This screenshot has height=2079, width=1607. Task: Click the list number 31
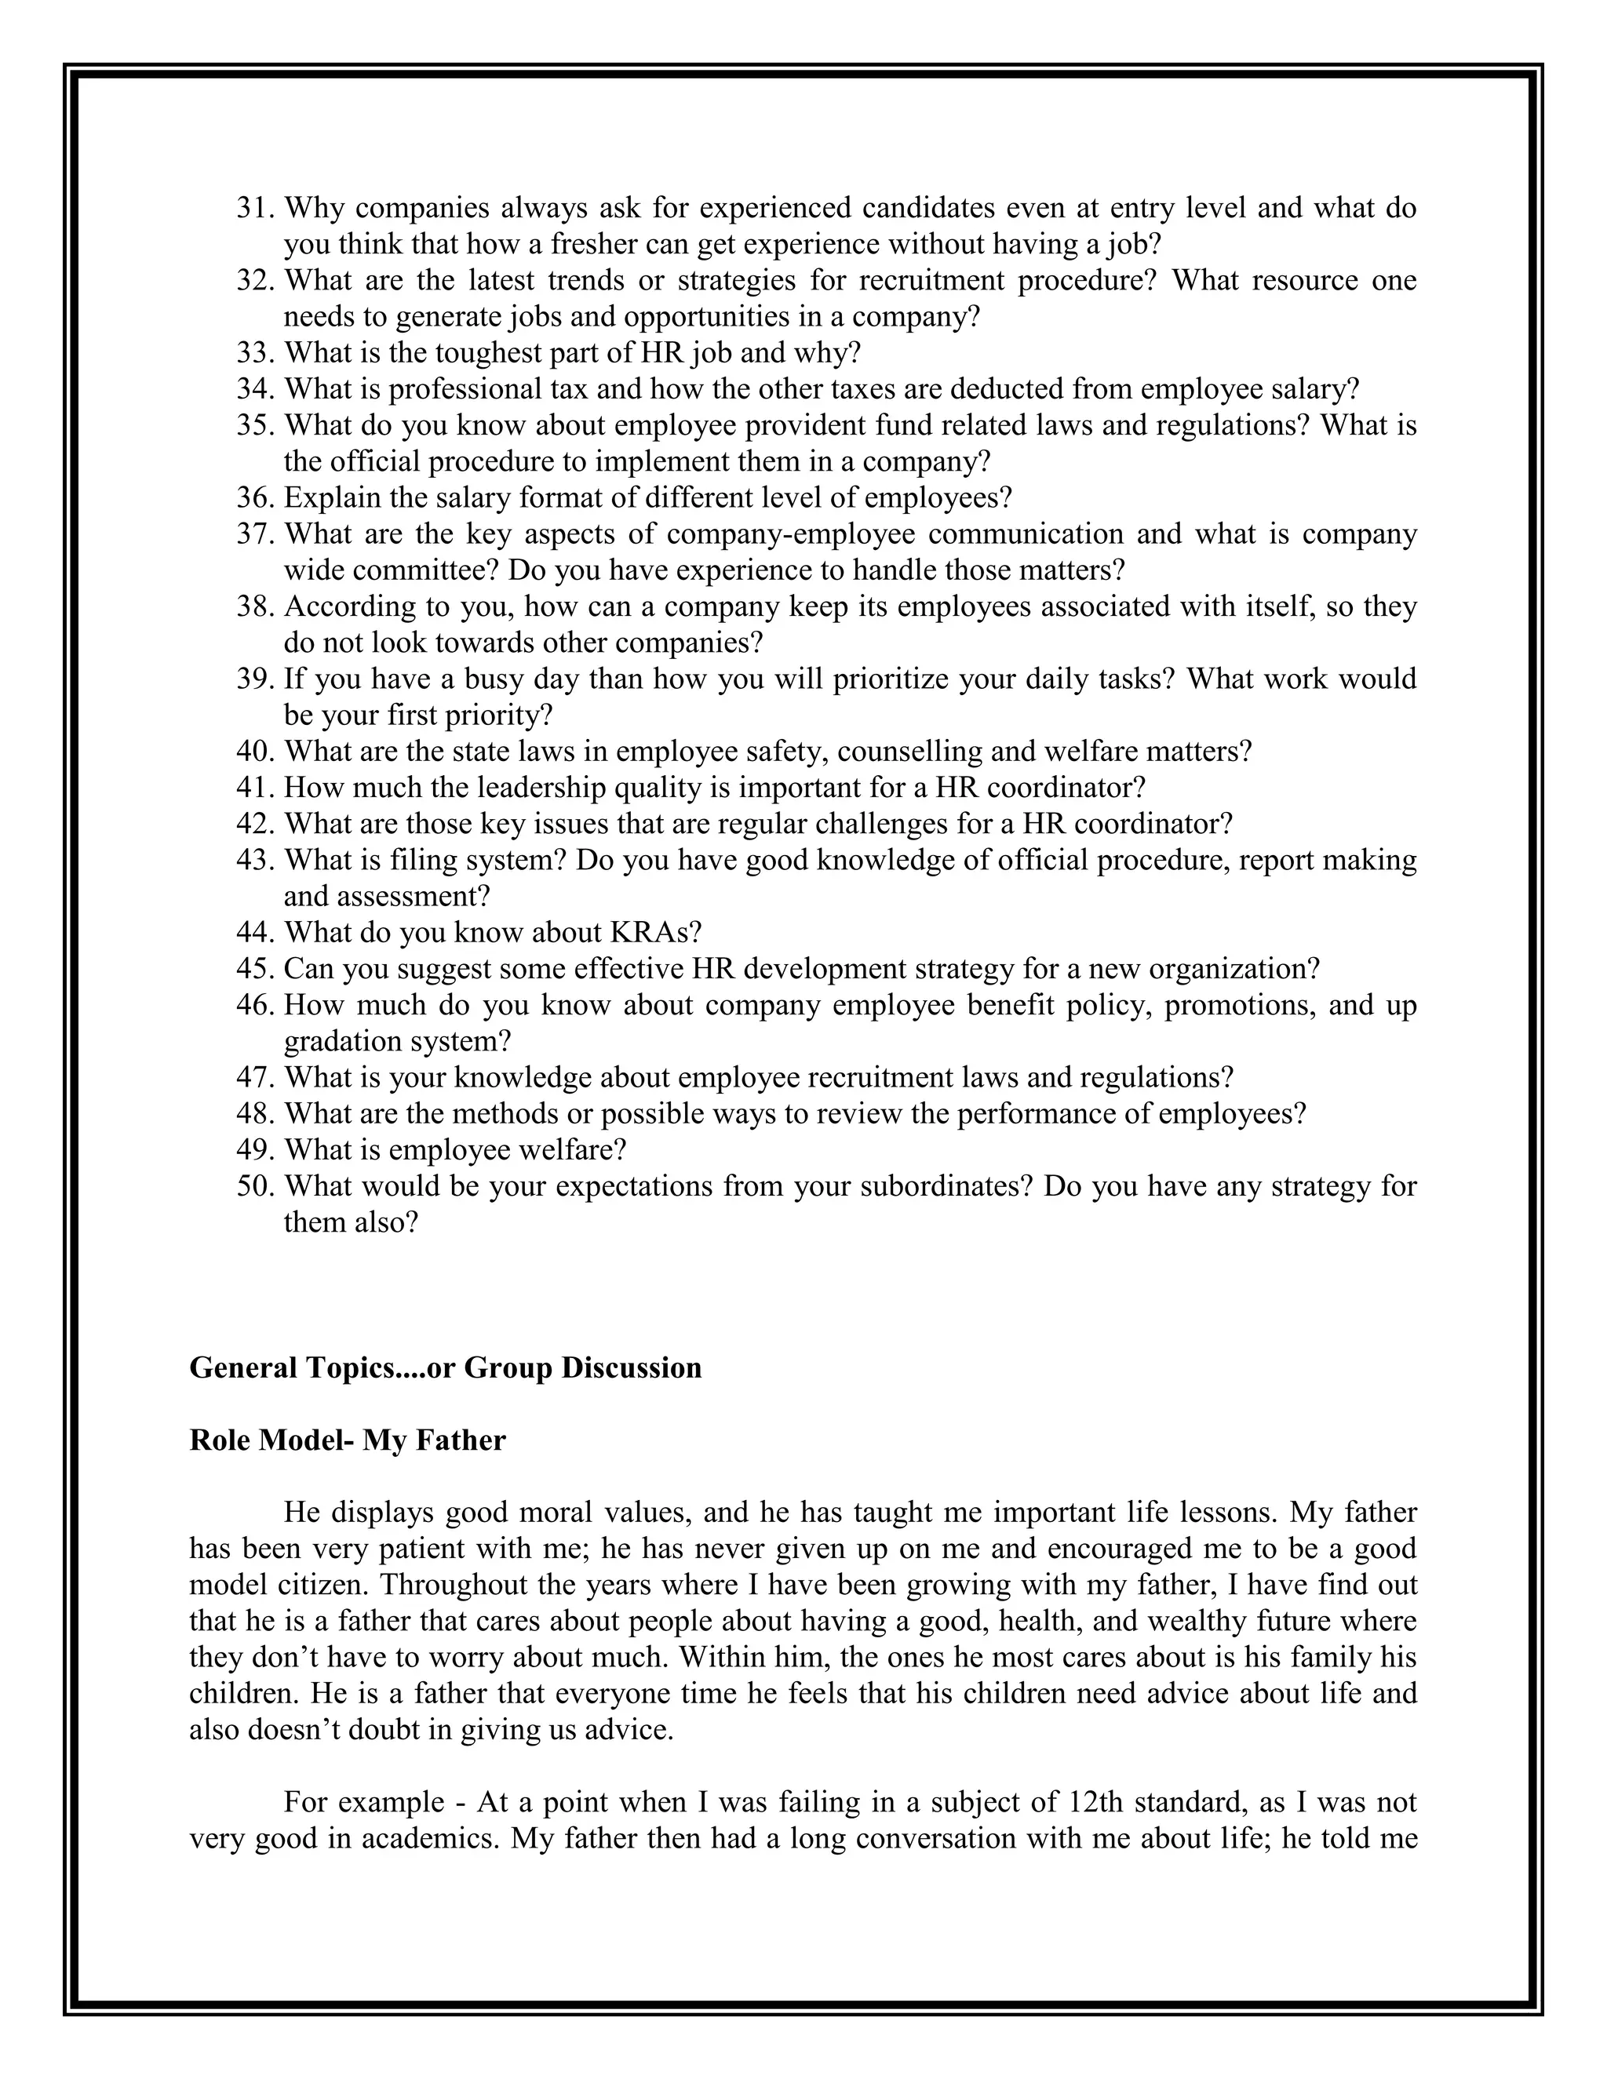255,208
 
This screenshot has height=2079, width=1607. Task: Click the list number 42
255,825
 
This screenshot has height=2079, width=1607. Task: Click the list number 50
255,1186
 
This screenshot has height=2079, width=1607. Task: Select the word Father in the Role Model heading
460,1440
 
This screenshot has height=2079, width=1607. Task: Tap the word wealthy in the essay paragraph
1199,1621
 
